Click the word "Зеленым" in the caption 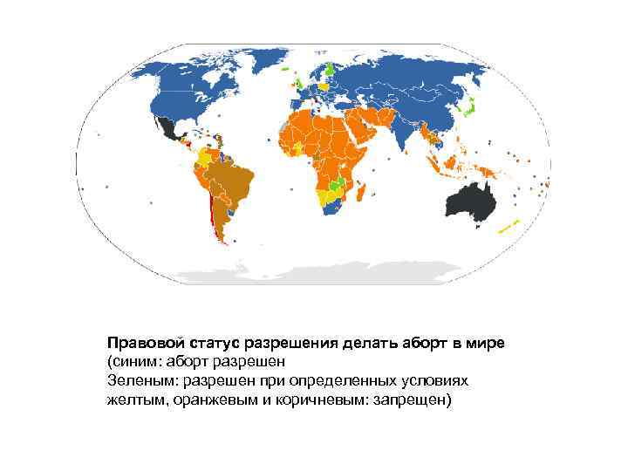tap(139, 381)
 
